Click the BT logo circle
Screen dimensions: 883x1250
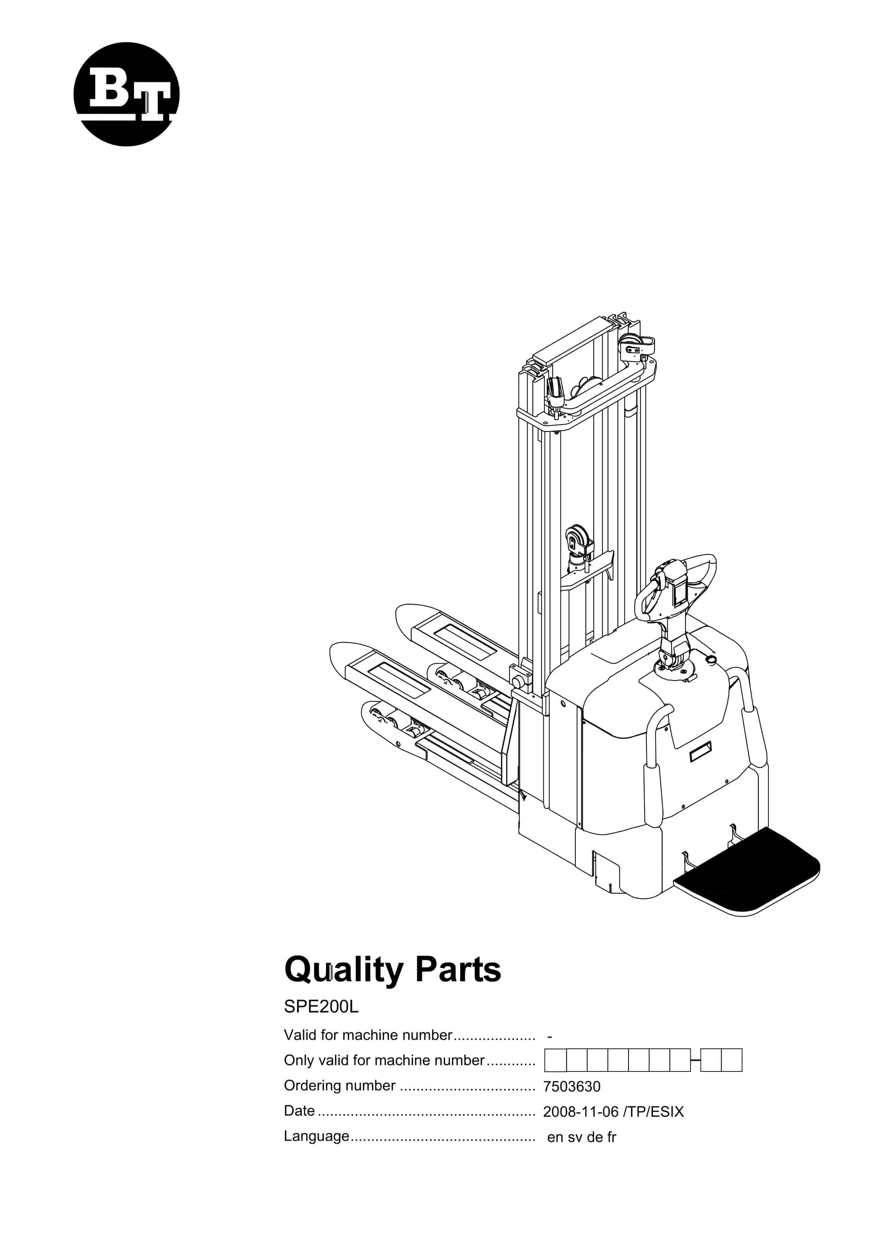tap(126, 94)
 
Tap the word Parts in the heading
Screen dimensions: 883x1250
tap(458, 970)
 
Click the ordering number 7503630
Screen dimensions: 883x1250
tap(572, 1087)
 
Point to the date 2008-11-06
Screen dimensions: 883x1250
tap(581, 1112)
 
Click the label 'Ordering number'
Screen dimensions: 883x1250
tap(340, 1086)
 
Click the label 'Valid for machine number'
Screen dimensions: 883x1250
tap(368, 1035)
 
